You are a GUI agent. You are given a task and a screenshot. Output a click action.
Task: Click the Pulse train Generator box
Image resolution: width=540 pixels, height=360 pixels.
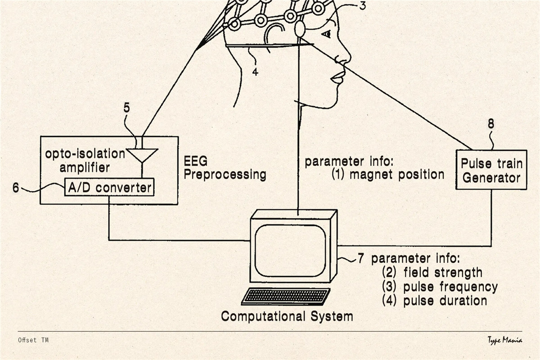pyautogui.click(x=491, y=170)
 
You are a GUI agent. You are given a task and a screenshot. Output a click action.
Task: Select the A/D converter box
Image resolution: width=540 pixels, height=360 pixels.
pyautogui.click(x=109, y=187)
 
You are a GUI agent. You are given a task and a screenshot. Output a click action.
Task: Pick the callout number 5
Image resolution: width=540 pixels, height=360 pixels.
pyautogui.click(x=127, y=108)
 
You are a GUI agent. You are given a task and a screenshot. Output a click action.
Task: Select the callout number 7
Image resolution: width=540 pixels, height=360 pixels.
pyautogui.click(x=361, y=259)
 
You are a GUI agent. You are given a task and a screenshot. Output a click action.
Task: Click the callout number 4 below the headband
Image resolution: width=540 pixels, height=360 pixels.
pyautogui.click(x=255, y=71)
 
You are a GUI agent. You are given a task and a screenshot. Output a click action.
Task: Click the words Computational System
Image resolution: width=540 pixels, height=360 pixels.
pyautogui.click(x=287, y=316)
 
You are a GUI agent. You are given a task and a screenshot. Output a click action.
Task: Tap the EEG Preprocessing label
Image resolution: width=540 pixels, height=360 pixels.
pyautogui.click(x=225, y=167)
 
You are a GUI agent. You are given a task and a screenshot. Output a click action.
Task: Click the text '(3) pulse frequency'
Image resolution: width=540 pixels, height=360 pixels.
pyautogui.click(x=440, y=287)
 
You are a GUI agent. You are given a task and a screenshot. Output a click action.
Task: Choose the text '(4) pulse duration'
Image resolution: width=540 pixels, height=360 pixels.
pyautogui.click(x=434, y=301)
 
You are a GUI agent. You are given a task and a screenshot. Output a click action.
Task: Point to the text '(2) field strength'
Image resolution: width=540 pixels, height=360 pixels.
pyautogui.click(x=432, y=272)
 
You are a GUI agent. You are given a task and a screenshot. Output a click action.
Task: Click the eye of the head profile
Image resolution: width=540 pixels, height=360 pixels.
pyautogui.click(x=326, y=34)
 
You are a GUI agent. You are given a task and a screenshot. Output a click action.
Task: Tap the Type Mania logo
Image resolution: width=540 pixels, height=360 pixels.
pyautogui.click(x=504, y=340)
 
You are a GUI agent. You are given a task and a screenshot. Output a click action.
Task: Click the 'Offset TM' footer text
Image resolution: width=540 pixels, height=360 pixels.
pyautogui.click(x=33, y=340)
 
